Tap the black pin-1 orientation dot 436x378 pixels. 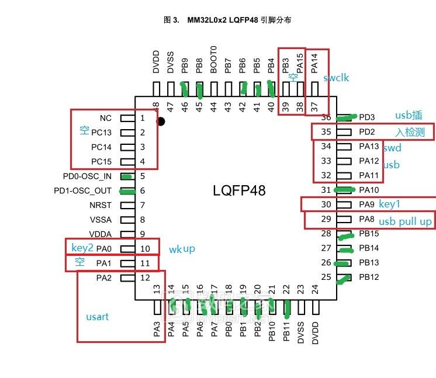[x=161, y=122]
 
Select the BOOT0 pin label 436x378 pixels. [x=214, y=60]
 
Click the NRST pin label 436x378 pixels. [x=101, y=205]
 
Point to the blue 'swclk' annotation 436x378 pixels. [x=336, y=78]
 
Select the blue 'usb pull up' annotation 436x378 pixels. [x=405, y=221]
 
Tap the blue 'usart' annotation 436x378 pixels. [x=97, y=317]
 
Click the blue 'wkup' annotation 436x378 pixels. [x=182, y=249]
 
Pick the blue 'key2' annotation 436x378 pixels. [x=82, y=248]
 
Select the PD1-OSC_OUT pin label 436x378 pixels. [x=82, y=190]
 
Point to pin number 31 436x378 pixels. [x=327, y=190]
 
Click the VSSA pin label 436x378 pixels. [x=101, y=220]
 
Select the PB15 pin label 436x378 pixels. [x=369, y=234]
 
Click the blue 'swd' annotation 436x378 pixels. [x=392, y=148]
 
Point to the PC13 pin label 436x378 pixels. [x=101, y=133]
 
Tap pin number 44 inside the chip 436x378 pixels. [x=214, y=106]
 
